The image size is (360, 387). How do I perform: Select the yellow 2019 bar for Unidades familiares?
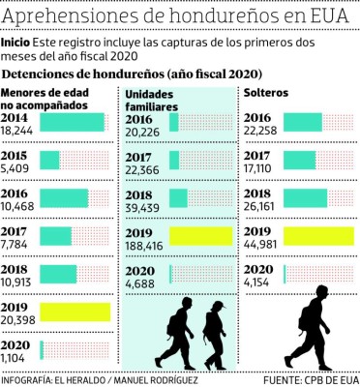coord(200,237)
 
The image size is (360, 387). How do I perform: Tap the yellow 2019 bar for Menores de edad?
coord(75,312)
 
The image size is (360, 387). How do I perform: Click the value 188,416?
coord(145,248)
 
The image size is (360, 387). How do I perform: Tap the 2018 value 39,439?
coord(144,206)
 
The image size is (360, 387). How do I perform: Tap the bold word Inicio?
coord(16,44)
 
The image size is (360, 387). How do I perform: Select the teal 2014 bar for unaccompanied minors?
coord(74,123)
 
